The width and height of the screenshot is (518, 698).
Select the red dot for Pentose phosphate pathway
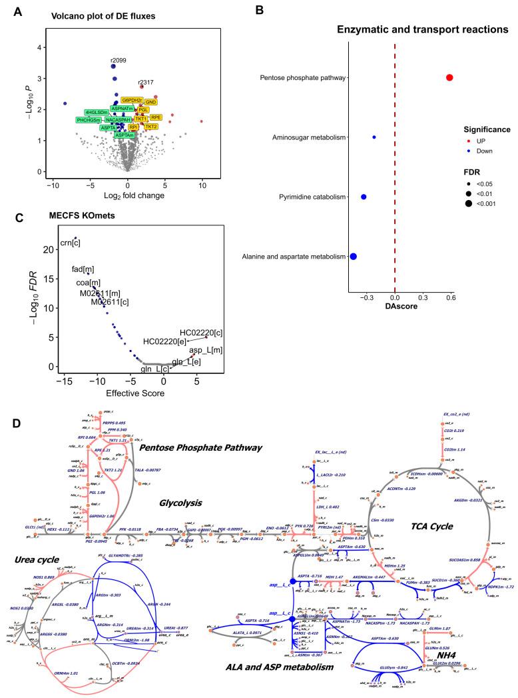449,78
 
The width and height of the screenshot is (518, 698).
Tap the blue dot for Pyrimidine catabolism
364,197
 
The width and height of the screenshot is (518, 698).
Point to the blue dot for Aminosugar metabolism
374,137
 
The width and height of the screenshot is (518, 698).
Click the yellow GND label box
151,102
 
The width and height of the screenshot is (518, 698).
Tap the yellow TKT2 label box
151,126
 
